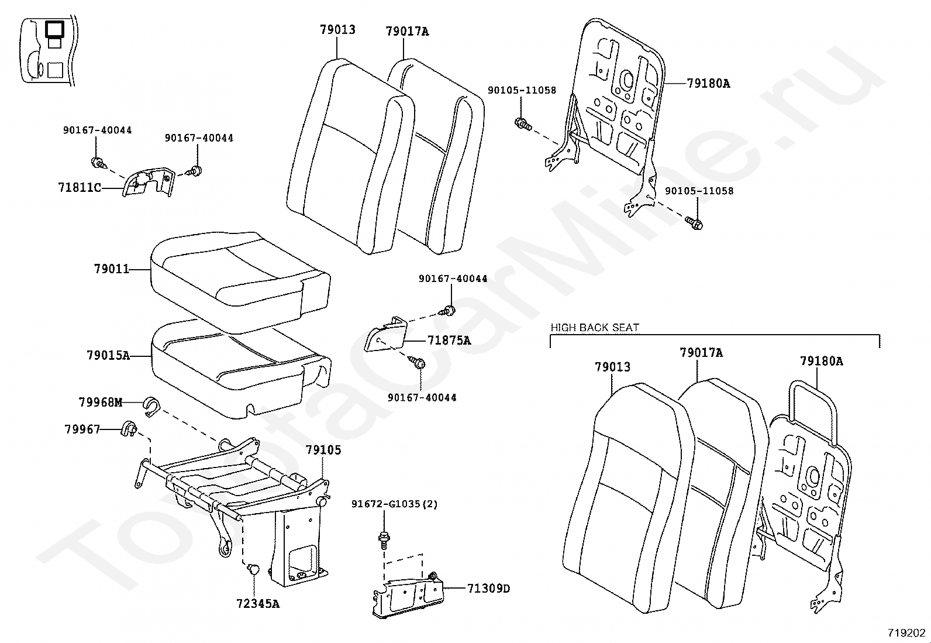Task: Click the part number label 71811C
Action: [x=80, y=188]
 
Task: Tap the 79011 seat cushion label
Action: [x=111, y=269]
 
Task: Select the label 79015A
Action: [x=108, y=355]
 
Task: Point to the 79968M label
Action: [x=101, y=402]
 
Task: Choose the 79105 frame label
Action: [x=323, y=451]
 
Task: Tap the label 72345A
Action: [x=258, y=604]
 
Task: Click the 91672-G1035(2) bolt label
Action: [x=394, y=504]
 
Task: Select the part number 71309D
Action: [x=488, y=589]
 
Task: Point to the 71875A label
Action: [x=449, y=340]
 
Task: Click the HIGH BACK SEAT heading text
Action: [x=595, y=328]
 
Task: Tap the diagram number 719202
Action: [x=906, y=632]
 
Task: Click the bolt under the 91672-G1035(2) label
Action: [x=384, y=537]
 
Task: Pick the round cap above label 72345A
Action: [x=253, y=568]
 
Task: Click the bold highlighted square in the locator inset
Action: [x=56, y=29]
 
